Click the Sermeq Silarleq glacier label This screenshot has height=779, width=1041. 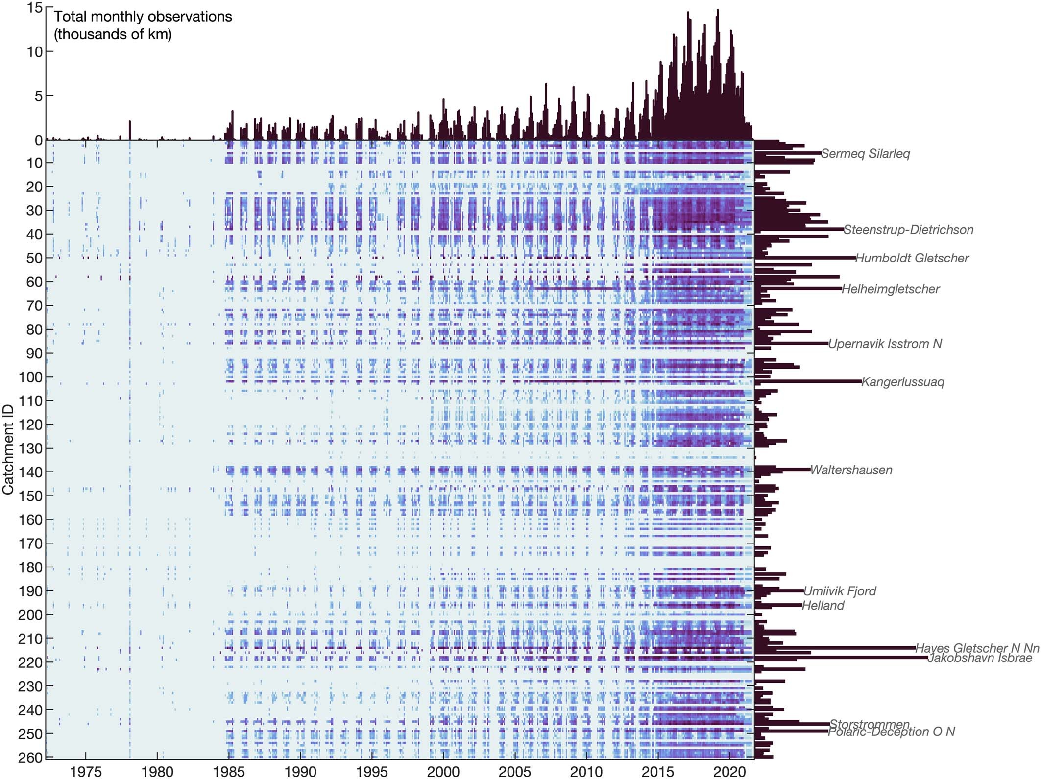pos(865,154)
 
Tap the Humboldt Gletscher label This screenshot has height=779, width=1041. pos(912,258)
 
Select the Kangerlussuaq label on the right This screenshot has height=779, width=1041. pos(902,382)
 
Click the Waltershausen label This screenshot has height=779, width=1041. pos(851,470)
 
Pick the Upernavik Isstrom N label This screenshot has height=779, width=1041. pos(885,344)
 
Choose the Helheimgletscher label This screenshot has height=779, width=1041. pos(890,289)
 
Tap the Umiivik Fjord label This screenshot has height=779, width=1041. pos(840,591)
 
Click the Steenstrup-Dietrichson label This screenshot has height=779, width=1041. pos(908,230)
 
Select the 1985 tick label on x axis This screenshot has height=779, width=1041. pos(229,772)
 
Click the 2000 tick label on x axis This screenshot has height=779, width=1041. pos(443,772)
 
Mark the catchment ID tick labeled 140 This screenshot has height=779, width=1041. pos(30,472)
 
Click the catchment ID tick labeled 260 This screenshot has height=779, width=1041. pos(30,757)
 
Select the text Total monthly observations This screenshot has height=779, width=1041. pos(143,17)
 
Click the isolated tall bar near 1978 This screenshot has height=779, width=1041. pos(130,130)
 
